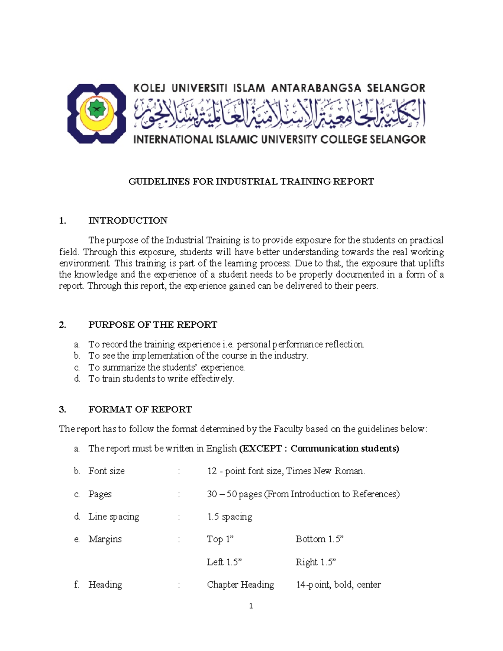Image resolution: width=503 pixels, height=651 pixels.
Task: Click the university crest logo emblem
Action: click(96, 113)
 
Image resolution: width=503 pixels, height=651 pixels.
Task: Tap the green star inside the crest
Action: click(96, 109)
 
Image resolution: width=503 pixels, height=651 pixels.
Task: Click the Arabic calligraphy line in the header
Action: click(279, 113)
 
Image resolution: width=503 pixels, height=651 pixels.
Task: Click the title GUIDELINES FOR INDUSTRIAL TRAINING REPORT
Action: click(251, 182)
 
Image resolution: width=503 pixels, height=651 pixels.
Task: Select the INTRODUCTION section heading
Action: click(128, 220)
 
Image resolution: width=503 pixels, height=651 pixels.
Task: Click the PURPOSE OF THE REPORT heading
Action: click(153, 325)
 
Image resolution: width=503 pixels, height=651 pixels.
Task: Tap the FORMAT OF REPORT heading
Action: click(140, 410)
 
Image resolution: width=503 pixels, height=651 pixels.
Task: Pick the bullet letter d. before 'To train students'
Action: click(77, 379)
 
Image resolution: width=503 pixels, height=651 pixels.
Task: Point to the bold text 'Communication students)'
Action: click(345, 449)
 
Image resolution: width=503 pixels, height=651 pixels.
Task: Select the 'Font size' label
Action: click(106, 471)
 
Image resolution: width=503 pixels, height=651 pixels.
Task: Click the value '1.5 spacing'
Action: click(229, 517)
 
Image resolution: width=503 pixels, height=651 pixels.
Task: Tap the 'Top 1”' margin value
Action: click(220, 539)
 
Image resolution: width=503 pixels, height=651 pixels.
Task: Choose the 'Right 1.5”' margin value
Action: click(316, 562)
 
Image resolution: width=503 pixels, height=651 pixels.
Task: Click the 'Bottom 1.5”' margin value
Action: click(319, 539)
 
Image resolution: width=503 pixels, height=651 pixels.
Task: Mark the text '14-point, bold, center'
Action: click(338, 585)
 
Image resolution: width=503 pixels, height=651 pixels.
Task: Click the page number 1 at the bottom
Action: click(251, 606)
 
